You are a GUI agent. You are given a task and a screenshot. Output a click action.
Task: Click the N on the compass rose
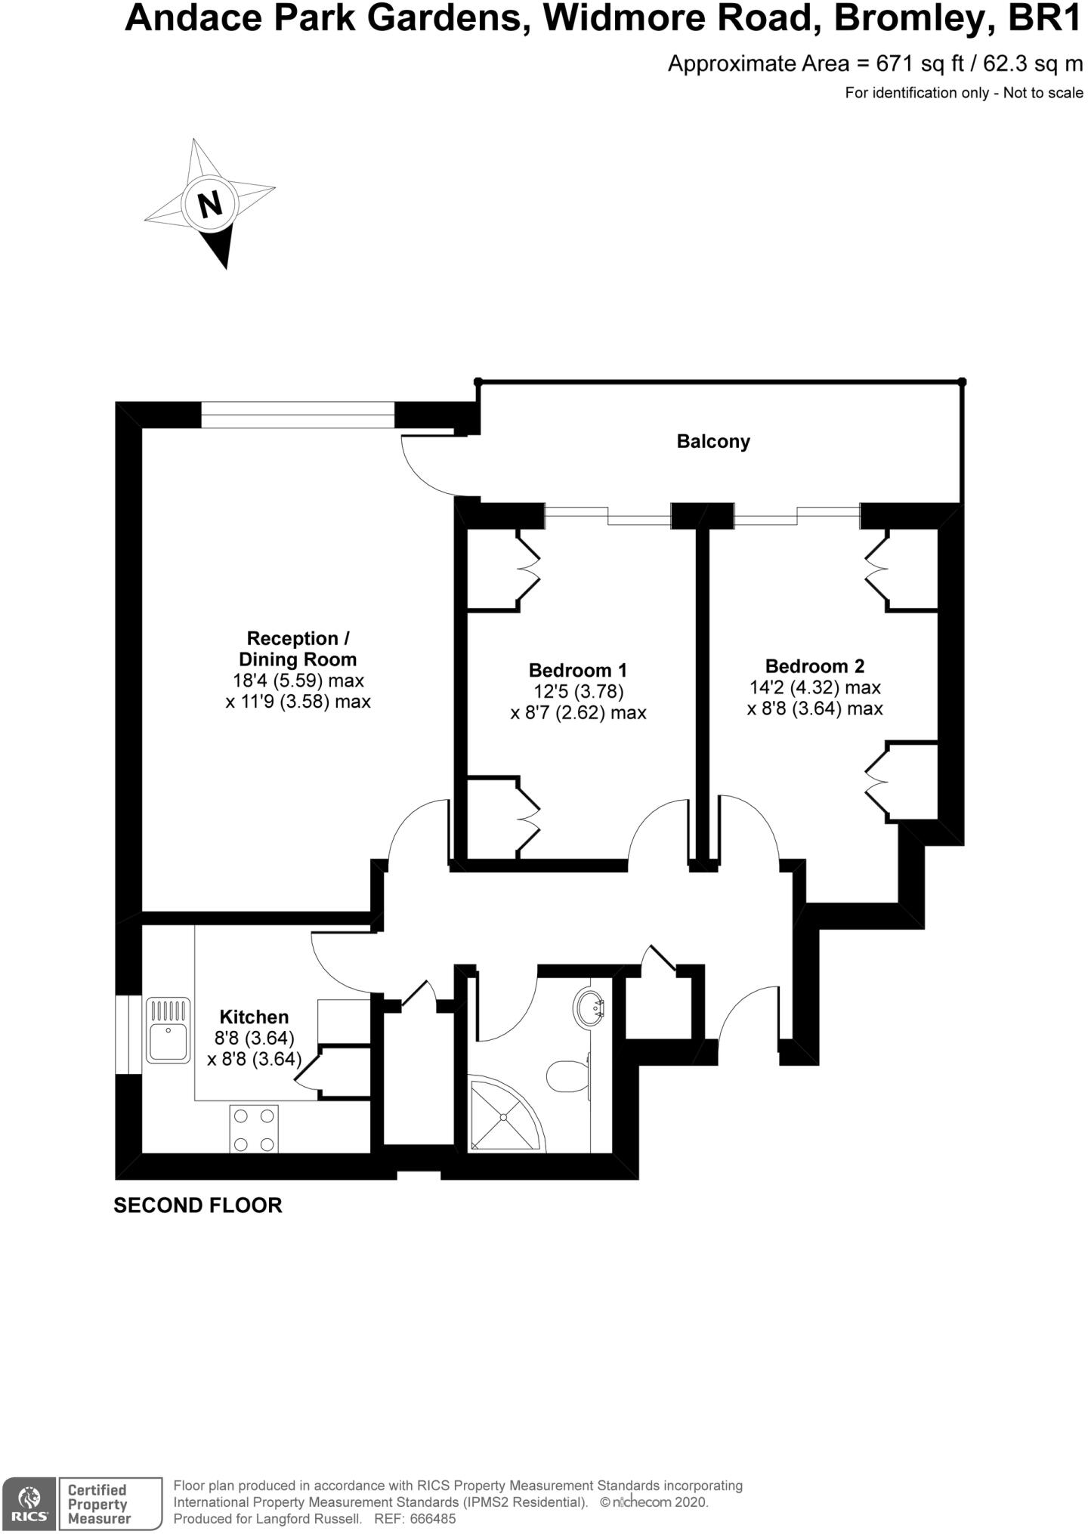point(210,203)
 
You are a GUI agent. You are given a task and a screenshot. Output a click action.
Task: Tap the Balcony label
point(713,441)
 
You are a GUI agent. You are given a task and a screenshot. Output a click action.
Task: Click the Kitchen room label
point(254,1017)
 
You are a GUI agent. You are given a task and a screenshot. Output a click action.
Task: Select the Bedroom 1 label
point(578,670)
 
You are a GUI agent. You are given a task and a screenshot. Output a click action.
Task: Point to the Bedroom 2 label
point(814,666)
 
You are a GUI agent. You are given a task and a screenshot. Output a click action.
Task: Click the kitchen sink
point(168,1030)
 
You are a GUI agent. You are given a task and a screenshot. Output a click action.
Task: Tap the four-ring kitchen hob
point(254,1128)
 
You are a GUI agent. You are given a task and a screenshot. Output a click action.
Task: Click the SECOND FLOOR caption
point(198,1205)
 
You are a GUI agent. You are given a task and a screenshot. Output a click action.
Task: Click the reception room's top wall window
point(298,415)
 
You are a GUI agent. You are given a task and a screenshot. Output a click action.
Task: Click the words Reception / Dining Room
point(298,648)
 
